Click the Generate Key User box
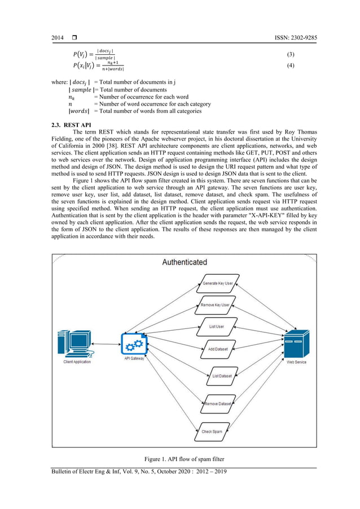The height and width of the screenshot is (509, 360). [x=217, y=283]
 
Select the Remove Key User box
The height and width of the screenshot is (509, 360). [x=215, y=305]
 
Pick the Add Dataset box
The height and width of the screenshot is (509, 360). [x=217, y=349]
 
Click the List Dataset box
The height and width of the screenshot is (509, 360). [x=221, y=375]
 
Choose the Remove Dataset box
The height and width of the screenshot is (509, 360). [x=218, y=403]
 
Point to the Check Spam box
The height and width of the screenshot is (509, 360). [x=212, y=432]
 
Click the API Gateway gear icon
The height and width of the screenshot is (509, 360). [x=134, y=343]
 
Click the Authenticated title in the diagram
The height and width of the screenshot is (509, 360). [x=185, y=262]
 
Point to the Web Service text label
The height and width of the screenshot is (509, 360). [x=296, y=362]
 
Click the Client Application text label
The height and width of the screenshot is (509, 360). [x=77, y=362]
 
